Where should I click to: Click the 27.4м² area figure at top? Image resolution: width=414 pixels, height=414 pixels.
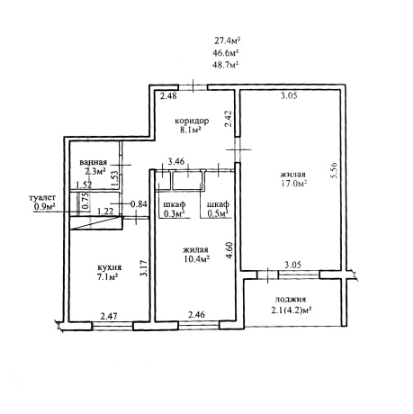pos(228,40)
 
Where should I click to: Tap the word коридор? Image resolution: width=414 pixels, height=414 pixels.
pos(192,121)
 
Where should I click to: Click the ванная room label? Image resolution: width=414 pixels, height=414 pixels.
pos(93,162)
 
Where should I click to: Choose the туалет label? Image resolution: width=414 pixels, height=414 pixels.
pos(42,198)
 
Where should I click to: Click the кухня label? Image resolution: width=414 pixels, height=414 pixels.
pos(110,267)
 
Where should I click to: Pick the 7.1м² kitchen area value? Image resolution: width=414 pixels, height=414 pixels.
pos(107,277)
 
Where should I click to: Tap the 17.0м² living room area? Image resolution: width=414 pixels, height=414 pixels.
pos(293,184)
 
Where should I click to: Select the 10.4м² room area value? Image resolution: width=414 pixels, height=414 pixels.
pos(197,259)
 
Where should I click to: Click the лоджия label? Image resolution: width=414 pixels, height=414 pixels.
pos(291,300)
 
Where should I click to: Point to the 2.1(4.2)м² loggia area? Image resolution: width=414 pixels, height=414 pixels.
pos(291,310)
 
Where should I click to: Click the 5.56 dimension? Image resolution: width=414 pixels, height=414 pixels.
pos(334,170)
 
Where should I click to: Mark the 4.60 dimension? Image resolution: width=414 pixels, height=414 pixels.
pos(229,250)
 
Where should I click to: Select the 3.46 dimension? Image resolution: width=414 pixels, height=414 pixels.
pos(176,161)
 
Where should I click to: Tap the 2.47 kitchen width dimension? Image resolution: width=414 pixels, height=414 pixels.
pos(109,316)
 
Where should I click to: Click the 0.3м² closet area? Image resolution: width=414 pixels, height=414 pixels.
pos(175,213)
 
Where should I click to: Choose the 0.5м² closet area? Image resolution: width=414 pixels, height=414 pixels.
pos(218,213)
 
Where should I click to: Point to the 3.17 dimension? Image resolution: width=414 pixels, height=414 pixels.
pos(144,268)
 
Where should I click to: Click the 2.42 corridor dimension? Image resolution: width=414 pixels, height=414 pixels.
pos(229,119)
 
